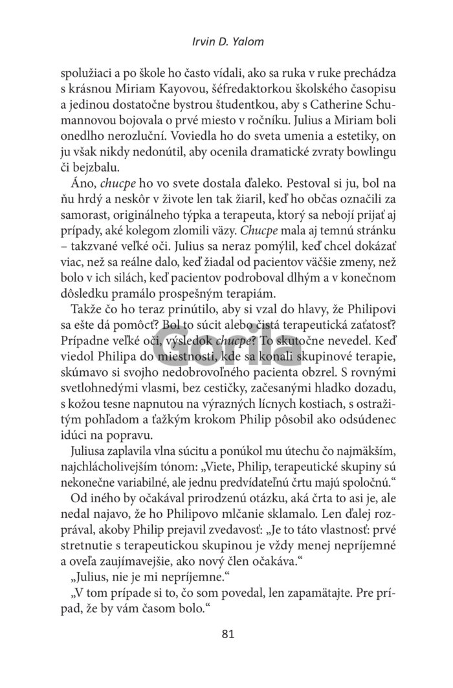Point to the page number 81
226,634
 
